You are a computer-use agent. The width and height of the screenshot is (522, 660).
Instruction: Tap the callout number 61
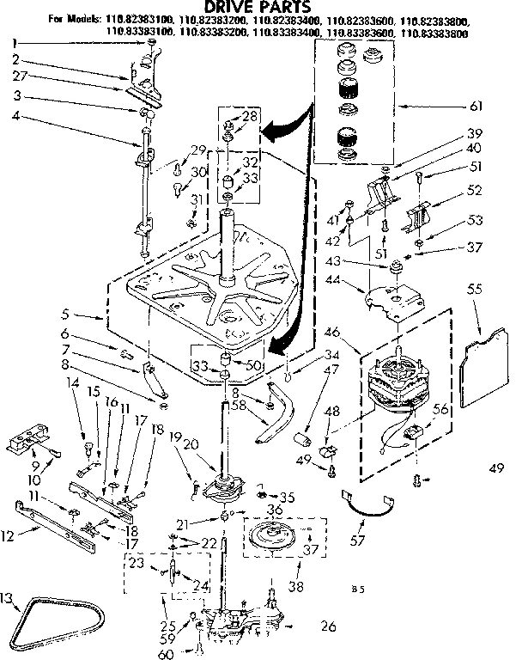pyautogui.click(x=476, y=106)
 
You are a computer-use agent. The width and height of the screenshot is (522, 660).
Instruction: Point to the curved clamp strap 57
pyautogui.click(x=369, y=504)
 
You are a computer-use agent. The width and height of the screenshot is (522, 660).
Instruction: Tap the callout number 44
pyautogui.click(x=354, y=278)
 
